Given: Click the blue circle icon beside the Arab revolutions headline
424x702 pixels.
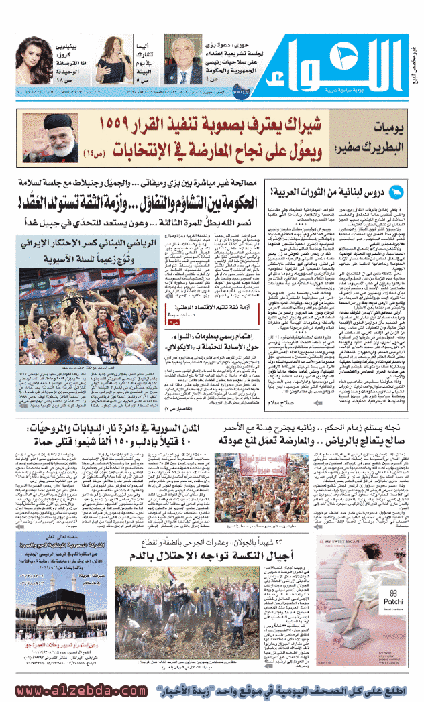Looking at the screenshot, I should pos(397,194).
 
